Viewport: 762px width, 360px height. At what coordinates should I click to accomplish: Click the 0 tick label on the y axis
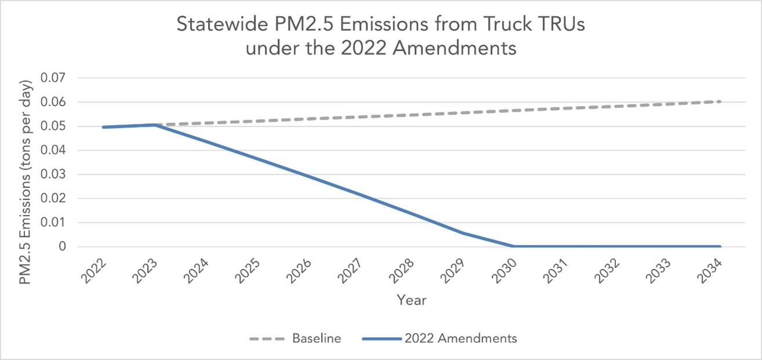61,247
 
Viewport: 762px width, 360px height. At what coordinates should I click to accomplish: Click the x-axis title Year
412,300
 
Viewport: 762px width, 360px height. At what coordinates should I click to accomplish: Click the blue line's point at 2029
462,233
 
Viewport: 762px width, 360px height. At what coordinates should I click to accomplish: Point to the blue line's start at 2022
103,127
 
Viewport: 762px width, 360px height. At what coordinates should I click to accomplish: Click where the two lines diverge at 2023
154,125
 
